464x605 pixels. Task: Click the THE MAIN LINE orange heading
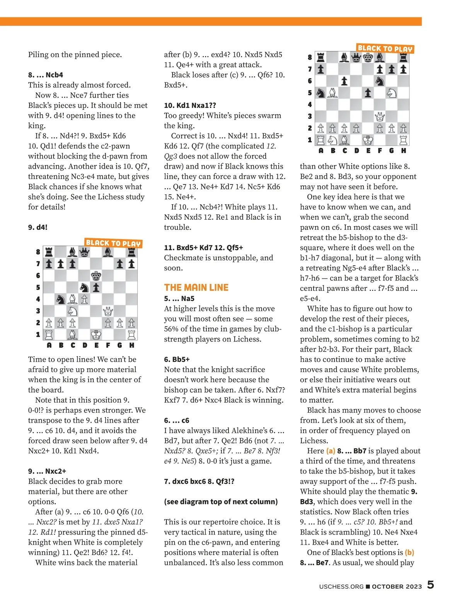point(196,287)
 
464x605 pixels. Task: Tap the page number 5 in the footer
point(430,585)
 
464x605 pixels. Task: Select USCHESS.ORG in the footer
point(341,586)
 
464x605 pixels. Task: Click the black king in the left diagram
point(96,276)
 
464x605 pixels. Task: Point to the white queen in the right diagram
point(380,116)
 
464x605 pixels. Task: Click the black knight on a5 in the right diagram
point(321,93)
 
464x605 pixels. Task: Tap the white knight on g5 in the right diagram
point(392,93)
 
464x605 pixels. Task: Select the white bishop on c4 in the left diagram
point(72,299)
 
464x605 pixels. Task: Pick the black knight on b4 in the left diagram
point(61,299)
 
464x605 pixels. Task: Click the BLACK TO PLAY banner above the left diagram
point(113,243)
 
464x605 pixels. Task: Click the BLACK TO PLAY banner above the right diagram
point(385,49)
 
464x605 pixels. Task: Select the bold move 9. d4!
point(38,227)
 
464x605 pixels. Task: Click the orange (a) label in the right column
point(331,451)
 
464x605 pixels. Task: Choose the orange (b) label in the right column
point(409,552)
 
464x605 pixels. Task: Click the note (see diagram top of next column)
point(221,502)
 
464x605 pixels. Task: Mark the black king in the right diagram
point(368,58)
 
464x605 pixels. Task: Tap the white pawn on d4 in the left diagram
point(84,299)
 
